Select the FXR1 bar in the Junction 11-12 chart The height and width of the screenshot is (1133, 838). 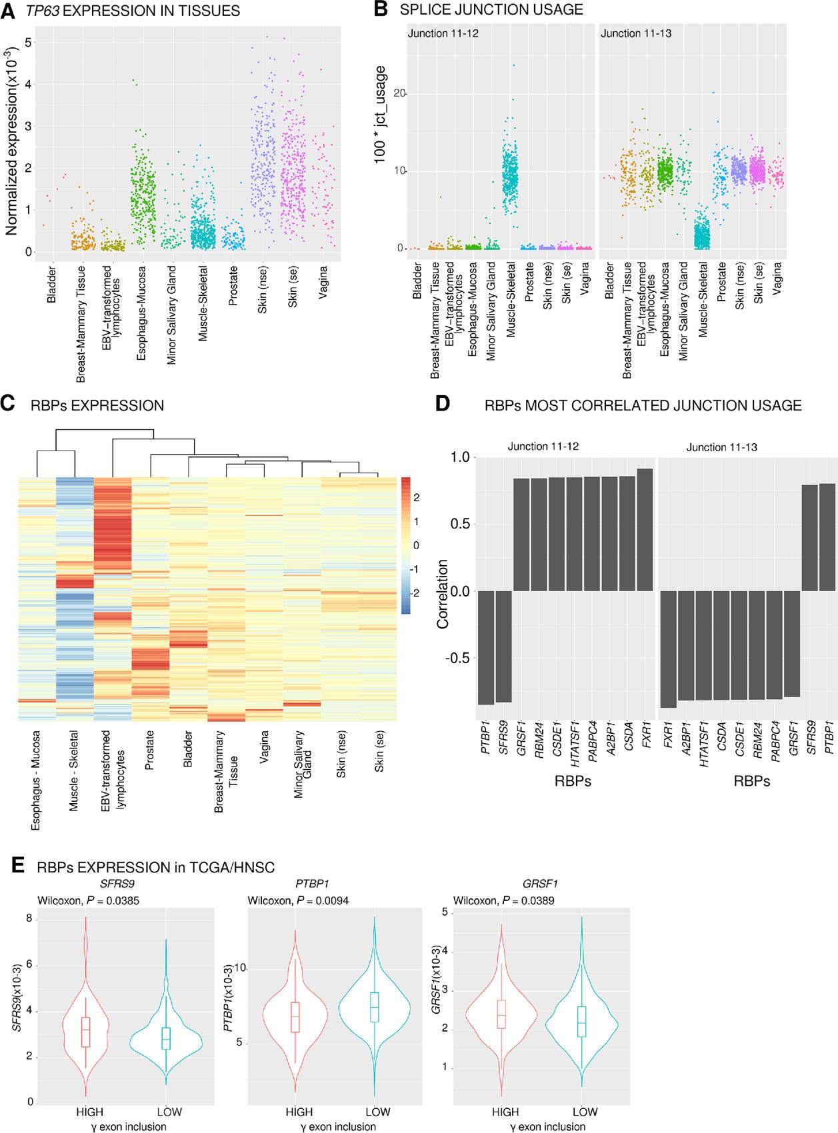(x=645, y=530)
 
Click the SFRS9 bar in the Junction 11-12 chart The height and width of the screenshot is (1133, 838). (x=503, y=646)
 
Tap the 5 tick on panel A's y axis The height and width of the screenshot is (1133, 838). (x=27, y=42)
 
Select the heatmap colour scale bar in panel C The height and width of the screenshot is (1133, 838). (x=406, y=545)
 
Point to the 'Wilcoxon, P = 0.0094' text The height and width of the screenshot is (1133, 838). (x=298, y=901)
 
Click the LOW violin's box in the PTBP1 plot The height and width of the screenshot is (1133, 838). (x=374, y=1007)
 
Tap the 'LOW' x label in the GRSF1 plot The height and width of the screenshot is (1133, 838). (x=585, y=1112)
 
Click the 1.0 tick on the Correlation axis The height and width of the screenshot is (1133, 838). (x=461, y=457)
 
